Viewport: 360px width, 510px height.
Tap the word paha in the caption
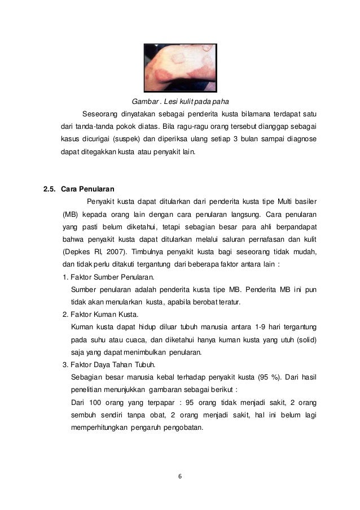[x=211, y=102]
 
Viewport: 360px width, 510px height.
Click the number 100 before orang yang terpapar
[x=93, y=402]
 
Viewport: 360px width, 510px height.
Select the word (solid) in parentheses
[x=305, y=339]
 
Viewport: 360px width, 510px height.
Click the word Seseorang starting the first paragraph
[x=102, y=114]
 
